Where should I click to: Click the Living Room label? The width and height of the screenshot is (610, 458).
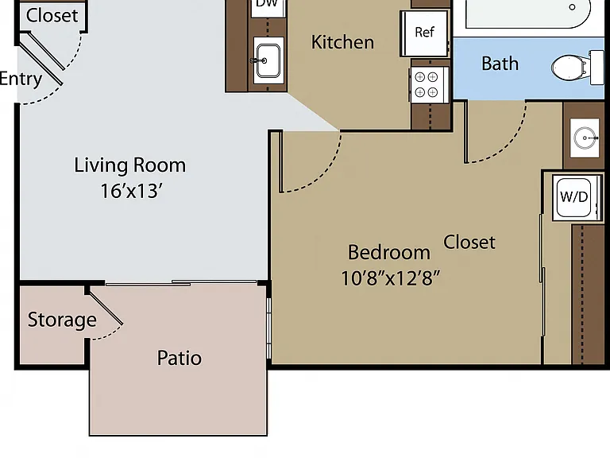coord(130,165)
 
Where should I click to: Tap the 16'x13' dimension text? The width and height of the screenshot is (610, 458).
coord(131,191)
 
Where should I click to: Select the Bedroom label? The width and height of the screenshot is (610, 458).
coord(389,252)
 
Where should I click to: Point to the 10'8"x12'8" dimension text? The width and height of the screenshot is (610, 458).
coord(390,278)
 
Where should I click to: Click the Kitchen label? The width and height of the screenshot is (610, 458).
coord(343,42)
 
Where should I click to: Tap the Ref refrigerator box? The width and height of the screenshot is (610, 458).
coord(424,33)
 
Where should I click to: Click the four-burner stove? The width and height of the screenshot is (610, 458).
coord(430,84)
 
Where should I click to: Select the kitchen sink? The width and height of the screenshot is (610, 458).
coord(268,60)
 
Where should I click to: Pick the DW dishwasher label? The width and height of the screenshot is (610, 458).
coord(267,3)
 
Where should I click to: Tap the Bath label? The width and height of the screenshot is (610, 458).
coord(500,64)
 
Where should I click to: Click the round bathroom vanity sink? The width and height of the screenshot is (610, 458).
coord(585,138)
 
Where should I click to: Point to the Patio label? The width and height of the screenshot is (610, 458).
coord(180,358)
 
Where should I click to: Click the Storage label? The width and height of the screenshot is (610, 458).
coord(62,320)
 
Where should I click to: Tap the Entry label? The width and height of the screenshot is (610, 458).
coord(20,79)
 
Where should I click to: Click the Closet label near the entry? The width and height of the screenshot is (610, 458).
coord(52,16)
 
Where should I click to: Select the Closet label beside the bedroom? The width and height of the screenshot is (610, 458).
coord(469,243)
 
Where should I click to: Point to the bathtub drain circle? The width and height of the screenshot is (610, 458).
coord(572,7)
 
